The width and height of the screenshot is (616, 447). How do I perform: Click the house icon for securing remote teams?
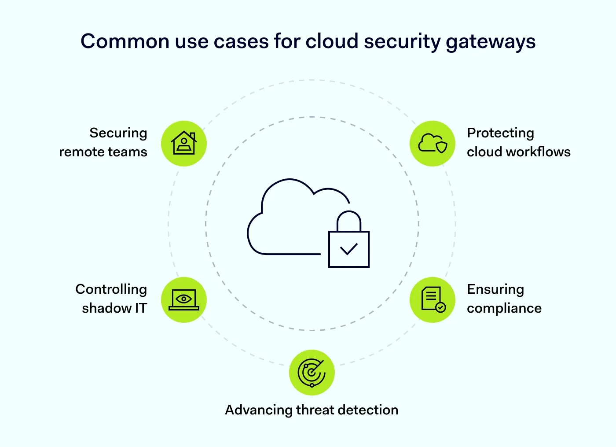[184, 144]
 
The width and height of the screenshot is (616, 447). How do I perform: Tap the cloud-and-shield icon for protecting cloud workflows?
[433, 144]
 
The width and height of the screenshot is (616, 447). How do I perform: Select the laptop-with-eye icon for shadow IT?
[184, 300]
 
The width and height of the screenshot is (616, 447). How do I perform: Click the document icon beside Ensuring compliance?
[433, 300]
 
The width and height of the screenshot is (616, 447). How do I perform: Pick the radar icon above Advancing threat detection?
[312, 373]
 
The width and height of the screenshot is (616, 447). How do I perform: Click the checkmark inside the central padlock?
[349, 249]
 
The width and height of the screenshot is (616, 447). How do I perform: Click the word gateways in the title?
[490, 42]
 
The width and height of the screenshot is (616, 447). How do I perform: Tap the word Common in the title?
[125, 41]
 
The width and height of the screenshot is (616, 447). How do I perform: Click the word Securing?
[118, 133]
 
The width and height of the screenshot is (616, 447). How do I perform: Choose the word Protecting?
[500, 133]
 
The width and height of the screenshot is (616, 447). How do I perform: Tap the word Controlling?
[111, 289]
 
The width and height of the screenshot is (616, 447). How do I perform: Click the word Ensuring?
[495, 289]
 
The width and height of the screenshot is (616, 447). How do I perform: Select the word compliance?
[504, 309]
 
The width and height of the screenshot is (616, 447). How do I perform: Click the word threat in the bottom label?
[315, 410]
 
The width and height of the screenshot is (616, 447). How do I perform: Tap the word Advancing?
[259, 410]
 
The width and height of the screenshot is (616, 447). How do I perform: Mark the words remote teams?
[103, 152]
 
